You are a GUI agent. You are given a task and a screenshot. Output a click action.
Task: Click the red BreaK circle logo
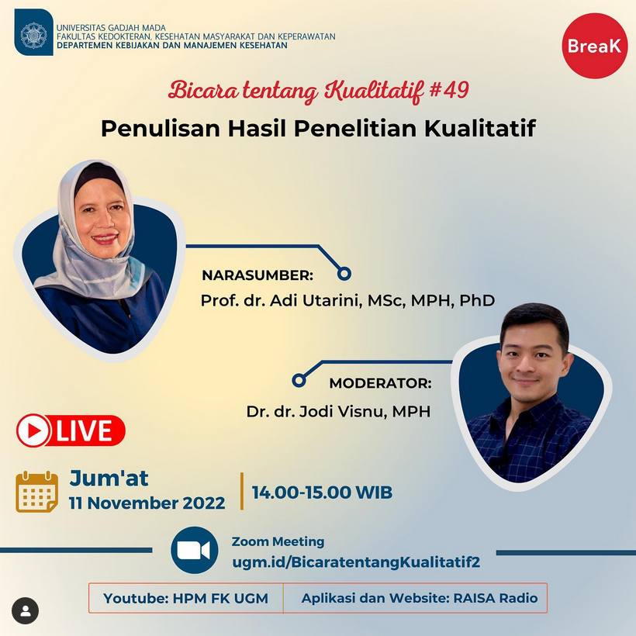595,46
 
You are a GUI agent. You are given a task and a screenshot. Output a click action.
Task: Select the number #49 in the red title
449,90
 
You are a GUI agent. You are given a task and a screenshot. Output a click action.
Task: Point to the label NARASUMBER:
258,275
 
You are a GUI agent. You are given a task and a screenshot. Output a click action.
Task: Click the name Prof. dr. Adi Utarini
280,301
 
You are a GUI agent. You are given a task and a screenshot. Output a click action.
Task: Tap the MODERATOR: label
381,383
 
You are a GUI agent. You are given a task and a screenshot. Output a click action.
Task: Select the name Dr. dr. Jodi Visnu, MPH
338,412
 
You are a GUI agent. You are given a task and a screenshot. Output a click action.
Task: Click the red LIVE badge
71,430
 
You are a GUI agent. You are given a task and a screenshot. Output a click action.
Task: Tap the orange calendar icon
37,492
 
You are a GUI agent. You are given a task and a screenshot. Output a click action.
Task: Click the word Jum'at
109,478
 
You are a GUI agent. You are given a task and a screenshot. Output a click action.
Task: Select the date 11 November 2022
147,503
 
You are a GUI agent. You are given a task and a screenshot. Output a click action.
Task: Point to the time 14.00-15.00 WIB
322,493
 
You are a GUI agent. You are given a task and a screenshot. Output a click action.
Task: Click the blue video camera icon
194,551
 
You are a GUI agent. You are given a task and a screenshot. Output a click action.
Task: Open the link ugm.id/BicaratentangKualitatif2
356,562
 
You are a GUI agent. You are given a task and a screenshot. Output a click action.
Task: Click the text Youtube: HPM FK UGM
185,598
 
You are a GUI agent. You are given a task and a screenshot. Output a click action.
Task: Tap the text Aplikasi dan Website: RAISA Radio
420,598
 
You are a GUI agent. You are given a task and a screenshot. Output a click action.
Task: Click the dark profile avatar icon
25,611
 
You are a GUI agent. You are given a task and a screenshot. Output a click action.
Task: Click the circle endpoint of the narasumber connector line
344,275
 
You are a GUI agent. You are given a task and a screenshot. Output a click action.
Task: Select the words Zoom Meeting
278,541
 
